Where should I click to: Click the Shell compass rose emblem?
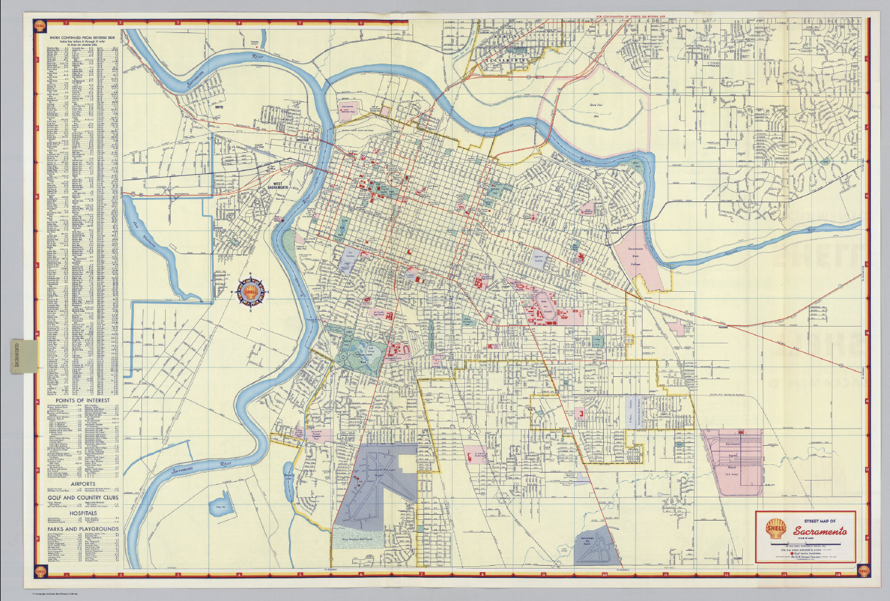click(x=250, y=291)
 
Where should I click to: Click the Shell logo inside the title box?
click(x=776, y=529)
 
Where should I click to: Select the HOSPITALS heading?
click(x=83, y=513)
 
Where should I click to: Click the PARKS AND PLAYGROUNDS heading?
click(x=83, y=529)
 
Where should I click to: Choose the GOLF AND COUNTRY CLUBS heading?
click(x=83, y=497)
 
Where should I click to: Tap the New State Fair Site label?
click(x=594, y=105)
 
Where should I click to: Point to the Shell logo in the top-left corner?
click(x=40, y=26)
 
